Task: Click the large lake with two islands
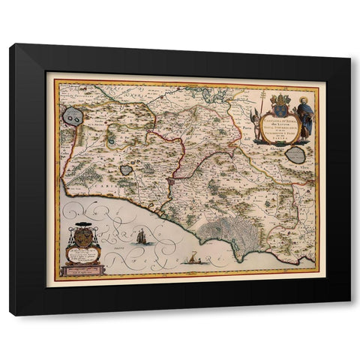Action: (x=73, y=115)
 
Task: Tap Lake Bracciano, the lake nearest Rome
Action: (x=126, y=169)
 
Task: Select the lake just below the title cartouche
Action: (x=296, y=155)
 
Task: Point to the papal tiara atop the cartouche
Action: (x=275, y=97)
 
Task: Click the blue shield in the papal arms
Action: (x=275, y=109)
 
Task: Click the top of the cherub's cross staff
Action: (x=253, y=95)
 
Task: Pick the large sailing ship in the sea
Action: (x=141, y=236)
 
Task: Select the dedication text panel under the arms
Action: (x=84, y=257)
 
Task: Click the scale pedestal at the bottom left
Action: (x=84, y=269)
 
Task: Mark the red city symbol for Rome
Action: (x=172, y=181)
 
